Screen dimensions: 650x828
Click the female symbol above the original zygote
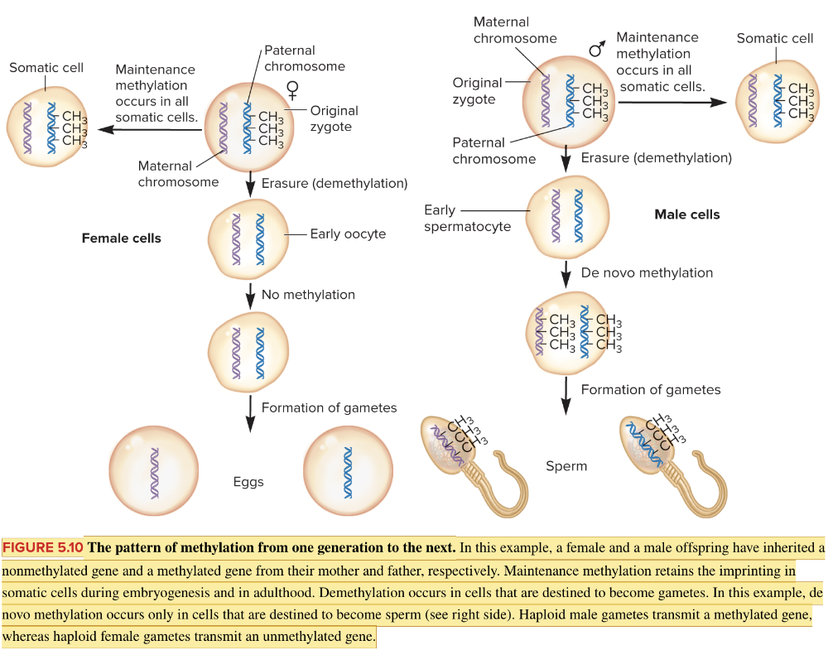click(292, 89)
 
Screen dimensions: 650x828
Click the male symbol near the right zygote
click(596, 50)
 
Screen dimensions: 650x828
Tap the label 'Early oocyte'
click(348, 234)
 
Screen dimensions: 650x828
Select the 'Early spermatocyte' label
click(467, 219)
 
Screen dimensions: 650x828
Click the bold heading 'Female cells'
click(121, 238)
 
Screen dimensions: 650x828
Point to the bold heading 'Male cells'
click(687, 214)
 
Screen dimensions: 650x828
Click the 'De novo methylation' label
click(647, 272)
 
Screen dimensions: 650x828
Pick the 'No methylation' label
click(308, 295)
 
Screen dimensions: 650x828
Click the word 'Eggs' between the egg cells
click(248, 482)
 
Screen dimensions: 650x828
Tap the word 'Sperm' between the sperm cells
click(566, 466)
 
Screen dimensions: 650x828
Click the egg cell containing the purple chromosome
click(153, 469)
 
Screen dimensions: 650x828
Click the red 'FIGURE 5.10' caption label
click(43, 547)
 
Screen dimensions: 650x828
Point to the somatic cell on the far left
click(48, 125)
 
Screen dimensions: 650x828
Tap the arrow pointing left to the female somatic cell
click(149, 129)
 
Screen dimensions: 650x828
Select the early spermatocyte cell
click(567, 217)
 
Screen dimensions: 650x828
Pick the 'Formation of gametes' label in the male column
click(651, 390)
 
